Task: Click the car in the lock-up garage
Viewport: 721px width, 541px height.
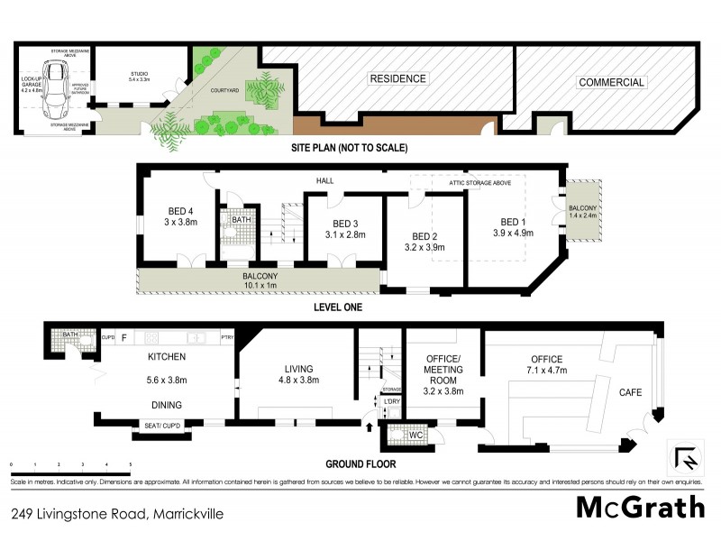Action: click(55, 87)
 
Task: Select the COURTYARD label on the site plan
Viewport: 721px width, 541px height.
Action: click(224, 89)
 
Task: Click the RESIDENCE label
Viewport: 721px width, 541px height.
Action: click(397, 79)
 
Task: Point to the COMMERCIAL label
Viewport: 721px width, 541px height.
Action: click(612, 83)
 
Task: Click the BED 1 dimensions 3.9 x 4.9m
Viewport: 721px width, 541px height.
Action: click(512, 233)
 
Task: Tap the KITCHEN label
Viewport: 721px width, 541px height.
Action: click(166, 357)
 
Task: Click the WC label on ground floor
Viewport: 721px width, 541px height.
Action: click(415, 436)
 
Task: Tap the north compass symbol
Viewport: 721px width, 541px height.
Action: click(687, 458)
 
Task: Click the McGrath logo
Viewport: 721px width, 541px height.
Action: click(641, 507)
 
